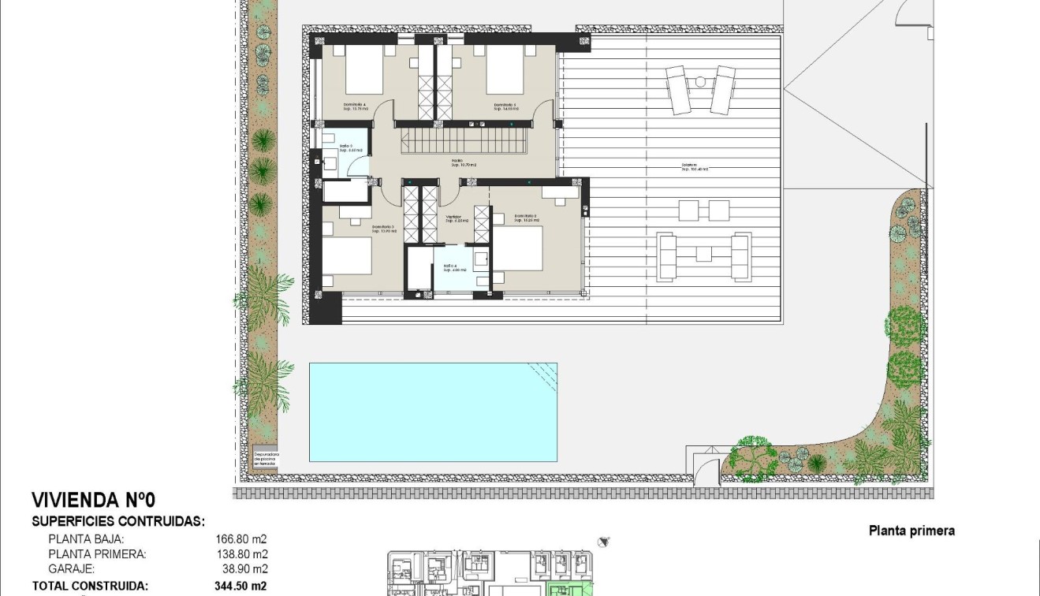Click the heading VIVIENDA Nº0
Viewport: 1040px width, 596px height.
coord(94,500)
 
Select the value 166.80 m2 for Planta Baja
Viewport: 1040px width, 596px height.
coord(241,539)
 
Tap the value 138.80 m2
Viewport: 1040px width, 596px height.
coord(241,554)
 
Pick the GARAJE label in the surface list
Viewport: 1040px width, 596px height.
coord(72,568)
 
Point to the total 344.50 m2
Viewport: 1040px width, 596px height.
coord(240,586)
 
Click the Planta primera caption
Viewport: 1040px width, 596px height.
coord(911,531)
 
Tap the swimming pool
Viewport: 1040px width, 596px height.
coord(433,412)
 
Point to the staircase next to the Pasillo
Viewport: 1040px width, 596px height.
coord(465,144)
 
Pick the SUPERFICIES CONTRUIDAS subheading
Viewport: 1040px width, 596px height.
coord(118,521)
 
